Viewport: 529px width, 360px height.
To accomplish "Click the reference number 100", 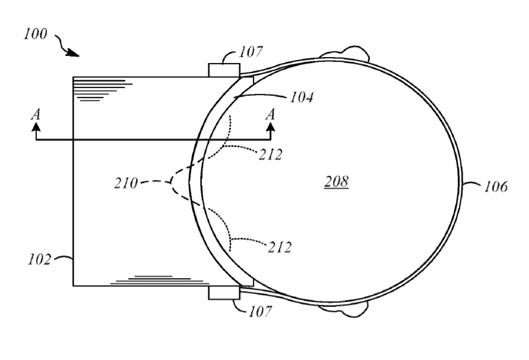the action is [x=36, y=34].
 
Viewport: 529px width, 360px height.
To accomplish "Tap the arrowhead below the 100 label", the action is [x=73, y=53].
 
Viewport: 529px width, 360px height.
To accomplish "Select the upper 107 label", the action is [x=251, y=52].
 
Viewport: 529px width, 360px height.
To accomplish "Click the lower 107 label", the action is [x=260, y=311].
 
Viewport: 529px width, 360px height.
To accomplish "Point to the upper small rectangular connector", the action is [x=224, y=70].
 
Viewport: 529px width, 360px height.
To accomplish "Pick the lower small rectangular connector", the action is [x=224, y=292].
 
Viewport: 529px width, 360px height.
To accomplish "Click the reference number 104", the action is [x=302, y=97].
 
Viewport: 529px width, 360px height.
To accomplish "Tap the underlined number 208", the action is [x=337, y=182].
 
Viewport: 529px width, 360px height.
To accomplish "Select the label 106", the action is [x=496, y=187].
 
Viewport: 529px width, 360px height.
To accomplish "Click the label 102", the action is [x=39, y=260].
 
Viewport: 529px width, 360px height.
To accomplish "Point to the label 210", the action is [x=126, y=184].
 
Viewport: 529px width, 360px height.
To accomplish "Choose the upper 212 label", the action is [x=271, y=154].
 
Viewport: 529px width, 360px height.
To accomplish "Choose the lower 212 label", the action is [x=280, y=248].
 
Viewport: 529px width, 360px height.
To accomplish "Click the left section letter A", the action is [x=36, y=115].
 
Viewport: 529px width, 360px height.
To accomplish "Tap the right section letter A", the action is [x=270, y=115].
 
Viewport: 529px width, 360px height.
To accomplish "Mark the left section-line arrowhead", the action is [x=36, y=127].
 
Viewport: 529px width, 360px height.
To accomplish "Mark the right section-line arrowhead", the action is [x=271, y=127].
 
